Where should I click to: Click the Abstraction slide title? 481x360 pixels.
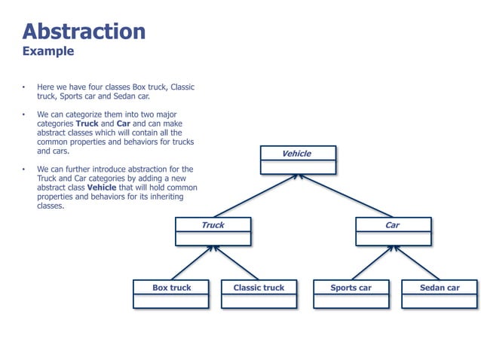point(84,32)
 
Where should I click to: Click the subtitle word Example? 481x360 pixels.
point(48,51)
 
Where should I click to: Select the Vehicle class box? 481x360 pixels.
point(296,160)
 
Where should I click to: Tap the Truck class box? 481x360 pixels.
point(213,231)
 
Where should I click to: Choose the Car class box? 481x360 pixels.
point(393,231)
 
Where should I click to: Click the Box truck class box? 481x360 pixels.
point(171,294)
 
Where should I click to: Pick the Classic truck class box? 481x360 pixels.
point(259,294)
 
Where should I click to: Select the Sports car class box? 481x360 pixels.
point(351,294)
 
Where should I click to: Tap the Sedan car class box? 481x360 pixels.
point(440,294)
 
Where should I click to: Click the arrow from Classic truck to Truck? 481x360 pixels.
point(235,263)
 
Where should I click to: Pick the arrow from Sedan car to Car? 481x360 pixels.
point(416,263)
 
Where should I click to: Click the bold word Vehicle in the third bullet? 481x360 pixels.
point(102,188)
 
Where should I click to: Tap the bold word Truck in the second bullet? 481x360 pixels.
point(87,124)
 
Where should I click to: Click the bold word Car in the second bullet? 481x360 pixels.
point(124,124)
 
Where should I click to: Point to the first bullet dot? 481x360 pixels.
point(24,88)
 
